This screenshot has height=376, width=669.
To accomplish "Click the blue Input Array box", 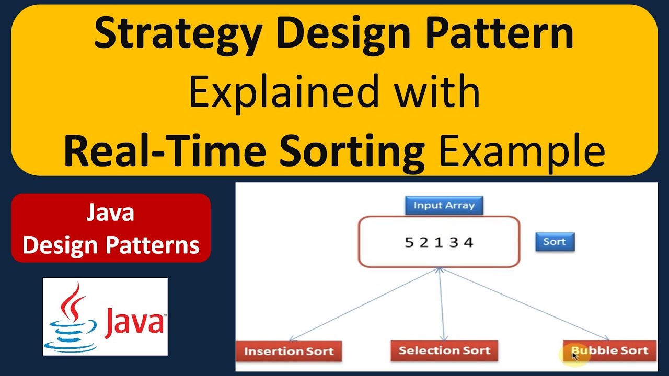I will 444,205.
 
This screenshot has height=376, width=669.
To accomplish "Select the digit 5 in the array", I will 409,242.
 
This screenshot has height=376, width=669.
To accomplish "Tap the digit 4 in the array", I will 468,242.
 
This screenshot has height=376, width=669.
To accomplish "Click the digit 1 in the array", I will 439,242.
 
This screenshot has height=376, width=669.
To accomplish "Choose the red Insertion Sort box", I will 289,351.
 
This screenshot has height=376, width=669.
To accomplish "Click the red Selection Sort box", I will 444,350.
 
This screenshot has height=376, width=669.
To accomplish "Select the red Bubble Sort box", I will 609,350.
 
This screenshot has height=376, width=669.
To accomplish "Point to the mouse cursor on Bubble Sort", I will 574,355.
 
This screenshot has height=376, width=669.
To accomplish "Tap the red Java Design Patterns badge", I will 111,228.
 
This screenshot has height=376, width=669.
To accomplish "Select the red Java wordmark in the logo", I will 134,322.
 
